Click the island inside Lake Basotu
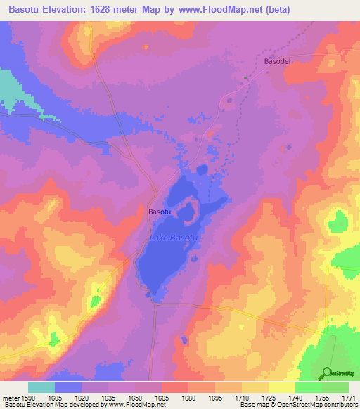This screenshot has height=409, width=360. (x=188, y=209)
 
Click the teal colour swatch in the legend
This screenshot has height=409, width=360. (x=41, y=387)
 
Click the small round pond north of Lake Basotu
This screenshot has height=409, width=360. (x=202, y=169)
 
